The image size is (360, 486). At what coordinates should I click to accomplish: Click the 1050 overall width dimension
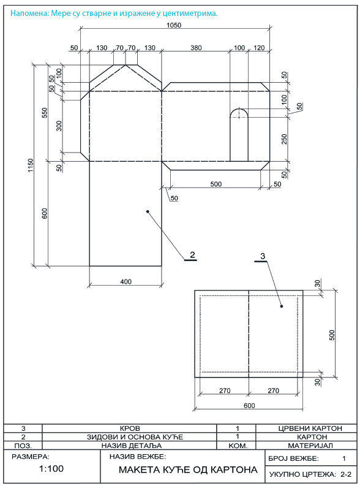[174, 25]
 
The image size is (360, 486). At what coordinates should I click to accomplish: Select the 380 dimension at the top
[196, 48]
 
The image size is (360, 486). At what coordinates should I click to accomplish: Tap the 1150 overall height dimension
[31, 165]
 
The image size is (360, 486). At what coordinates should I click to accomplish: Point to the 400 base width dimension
[126, 281]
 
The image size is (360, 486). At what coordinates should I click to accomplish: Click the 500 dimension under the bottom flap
[216, 184]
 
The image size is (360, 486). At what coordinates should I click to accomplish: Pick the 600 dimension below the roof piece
[249, 406]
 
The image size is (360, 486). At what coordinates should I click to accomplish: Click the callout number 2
[192, 255]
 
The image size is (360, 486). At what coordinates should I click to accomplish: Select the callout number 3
[263, 256]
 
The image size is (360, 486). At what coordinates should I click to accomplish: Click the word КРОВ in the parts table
[130, 428]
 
